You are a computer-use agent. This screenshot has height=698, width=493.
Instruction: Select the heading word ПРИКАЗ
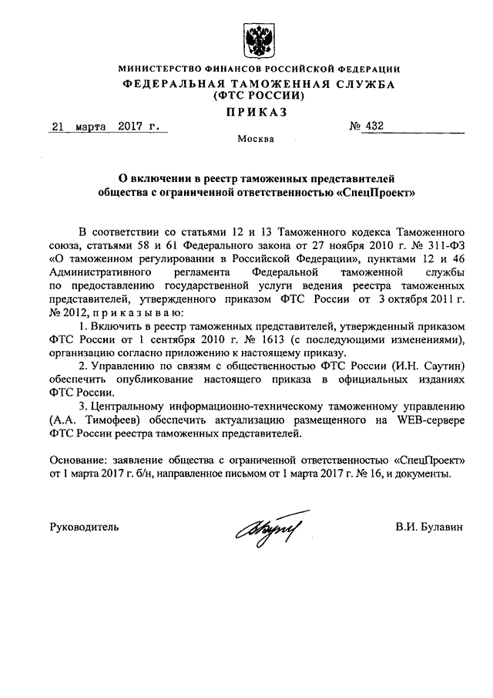click(257, 113)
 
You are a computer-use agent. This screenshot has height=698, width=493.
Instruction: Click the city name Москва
click(256, 140)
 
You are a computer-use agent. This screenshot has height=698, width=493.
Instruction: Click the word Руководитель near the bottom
click(84, 527)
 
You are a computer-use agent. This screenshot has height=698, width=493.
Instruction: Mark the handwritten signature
click(268, 528)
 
